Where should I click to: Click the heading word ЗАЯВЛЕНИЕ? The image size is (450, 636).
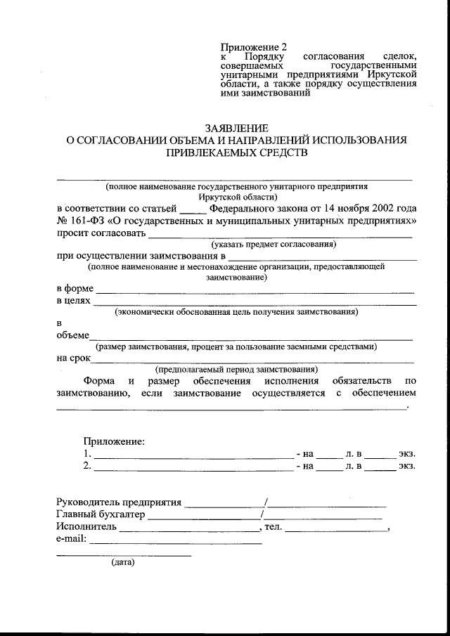(236, 129)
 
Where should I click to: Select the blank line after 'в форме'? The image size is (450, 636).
(255, 290)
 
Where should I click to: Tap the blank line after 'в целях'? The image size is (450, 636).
(255, 304)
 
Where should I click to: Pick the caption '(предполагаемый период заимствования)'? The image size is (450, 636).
(236, 369)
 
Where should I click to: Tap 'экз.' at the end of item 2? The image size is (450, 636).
(406, 466)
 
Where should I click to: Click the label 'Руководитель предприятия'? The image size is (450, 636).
(118, 502)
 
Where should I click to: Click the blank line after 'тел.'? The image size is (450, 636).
(336, 529)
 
